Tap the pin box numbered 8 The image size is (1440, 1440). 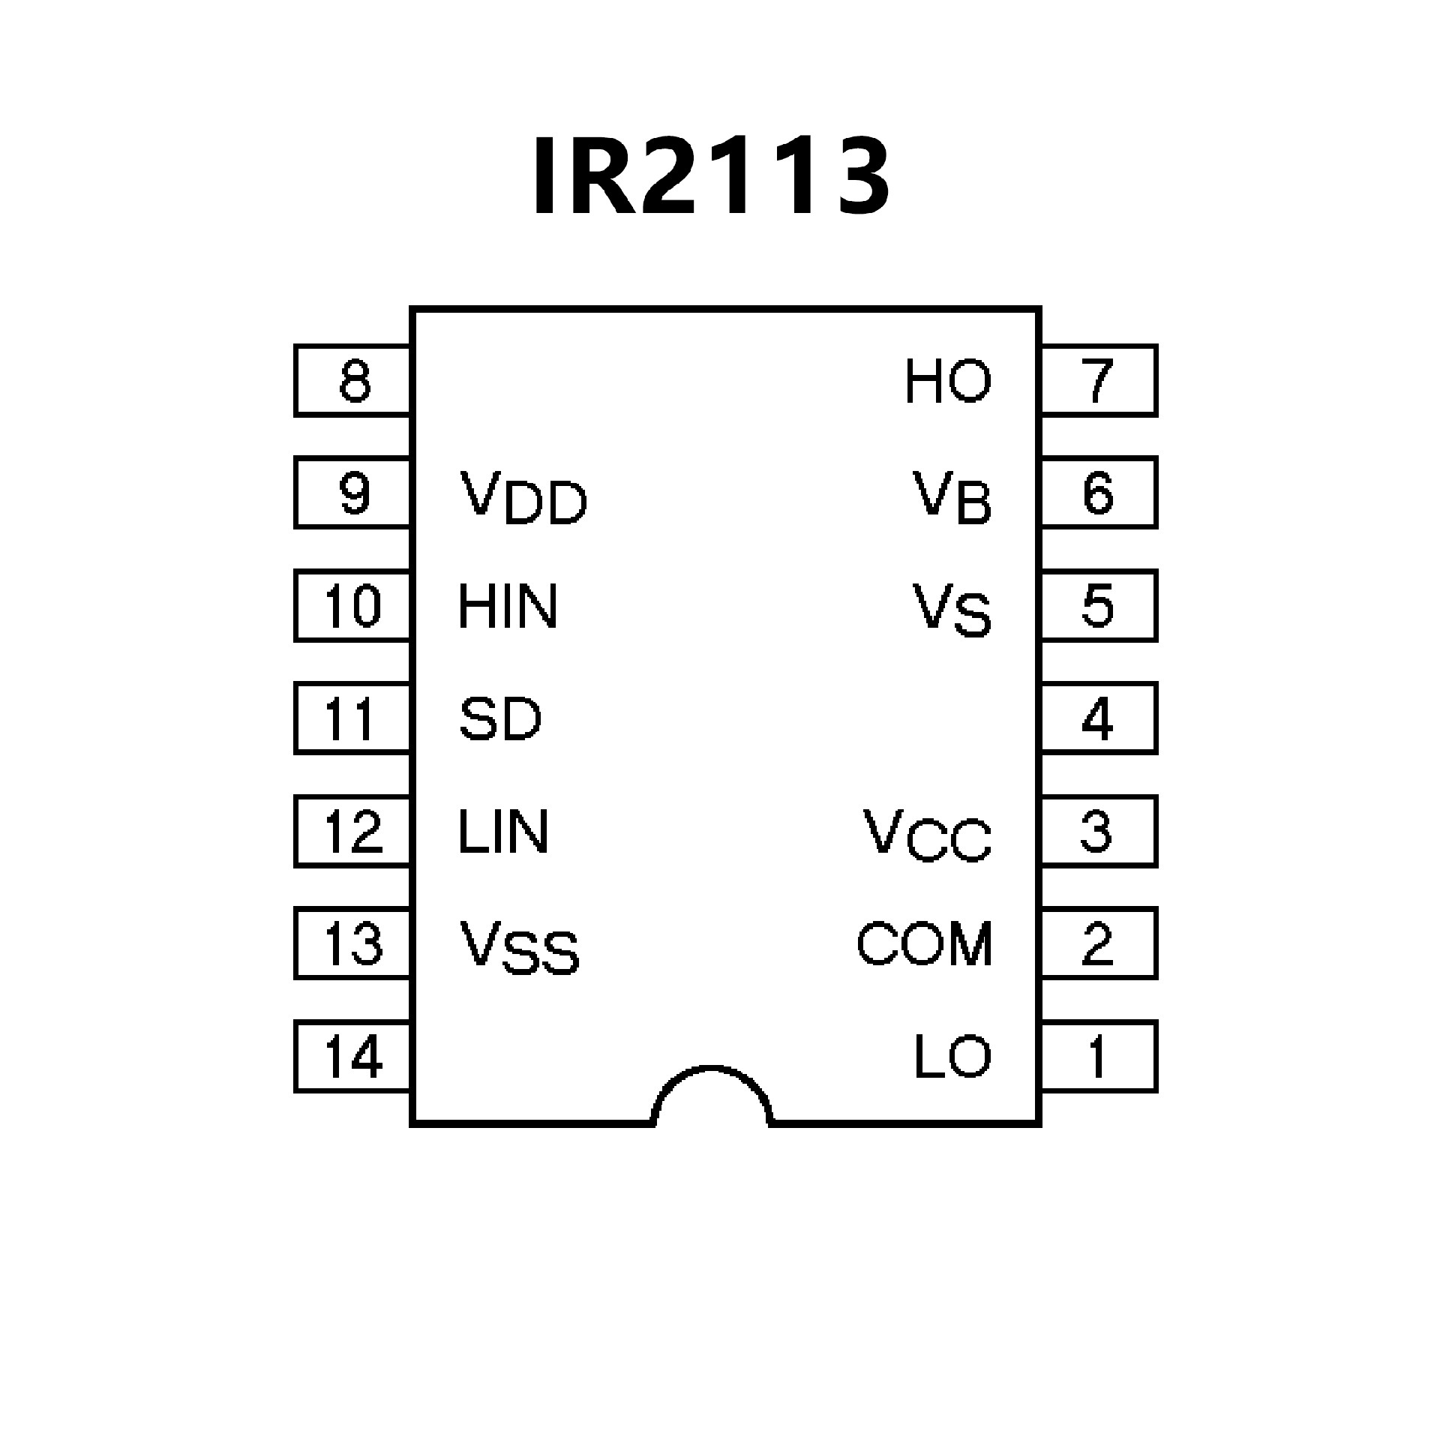click(352, 380)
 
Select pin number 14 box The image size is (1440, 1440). click(352, 1056)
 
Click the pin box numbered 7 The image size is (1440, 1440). click(1099, 380)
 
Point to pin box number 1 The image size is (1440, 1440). click(1099, 1056)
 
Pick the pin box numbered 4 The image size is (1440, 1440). click(1099, 718)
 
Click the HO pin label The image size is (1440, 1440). click(948, 381)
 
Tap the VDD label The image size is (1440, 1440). click(523, 497)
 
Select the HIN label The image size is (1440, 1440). click(508, 607)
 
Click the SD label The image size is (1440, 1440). click(500, 719)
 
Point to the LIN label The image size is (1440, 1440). click(503, 832)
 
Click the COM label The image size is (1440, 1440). click(925, 943)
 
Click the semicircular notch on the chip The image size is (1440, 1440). click(712, 1099)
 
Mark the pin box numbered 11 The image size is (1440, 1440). click(352, 718)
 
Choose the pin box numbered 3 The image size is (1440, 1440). click(1099, 831)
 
